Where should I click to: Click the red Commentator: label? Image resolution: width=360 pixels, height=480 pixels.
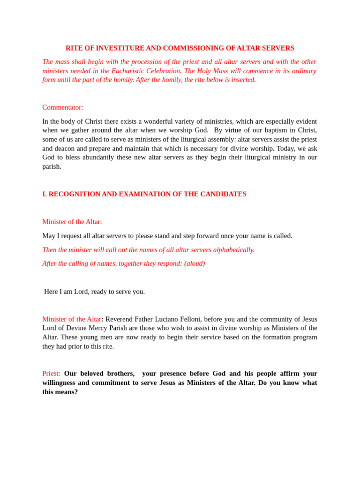[63, 107]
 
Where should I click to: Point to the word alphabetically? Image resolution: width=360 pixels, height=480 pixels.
[233, 250]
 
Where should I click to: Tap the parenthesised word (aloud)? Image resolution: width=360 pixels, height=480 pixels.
[195, 263]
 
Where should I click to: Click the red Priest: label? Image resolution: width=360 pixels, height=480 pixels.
[51, 374]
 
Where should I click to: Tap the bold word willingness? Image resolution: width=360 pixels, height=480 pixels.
[59, 382]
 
